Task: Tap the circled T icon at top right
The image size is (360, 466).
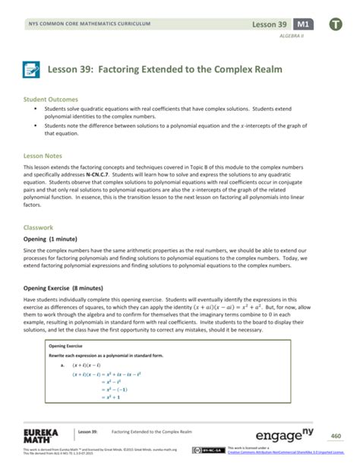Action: pyautogui.click(x=336, y=24)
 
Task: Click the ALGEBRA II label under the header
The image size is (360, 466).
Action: pyautogui.click(x=292, y=36)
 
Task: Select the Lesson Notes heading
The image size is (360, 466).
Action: pyautogui.click(x=46, y=154)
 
